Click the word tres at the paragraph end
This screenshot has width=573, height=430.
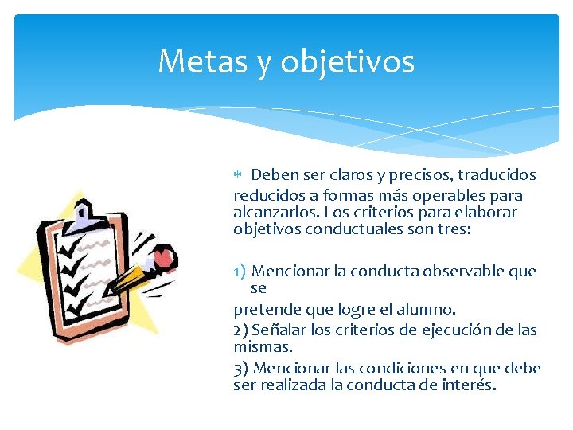pos(453,230)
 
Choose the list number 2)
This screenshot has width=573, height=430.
pos(241,330)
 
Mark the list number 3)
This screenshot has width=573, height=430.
pos(241,369)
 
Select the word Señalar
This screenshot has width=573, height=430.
pos(276,330)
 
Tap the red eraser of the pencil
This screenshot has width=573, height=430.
pos(164,256)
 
